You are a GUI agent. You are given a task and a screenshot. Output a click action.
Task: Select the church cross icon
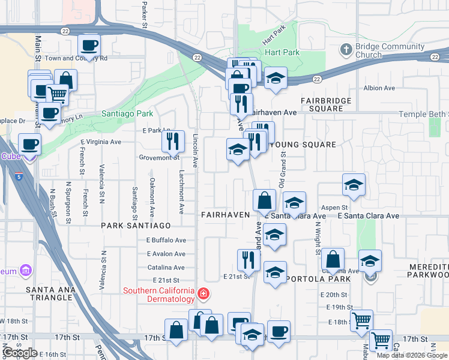coord(345,49)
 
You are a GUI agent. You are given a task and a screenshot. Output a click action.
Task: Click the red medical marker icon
coord(204,293)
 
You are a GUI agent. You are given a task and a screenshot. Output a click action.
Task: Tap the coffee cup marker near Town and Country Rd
coord(89,45)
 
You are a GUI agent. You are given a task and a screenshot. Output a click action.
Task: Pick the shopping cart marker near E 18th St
coord(361,320)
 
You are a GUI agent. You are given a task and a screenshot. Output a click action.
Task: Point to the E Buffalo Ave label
coord(166,240)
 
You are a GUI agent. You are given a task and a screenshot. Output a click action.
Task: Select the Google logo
coord(20,353)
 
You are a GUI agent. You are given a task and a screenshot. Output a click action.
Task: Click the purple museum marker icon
coord(25,271)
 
